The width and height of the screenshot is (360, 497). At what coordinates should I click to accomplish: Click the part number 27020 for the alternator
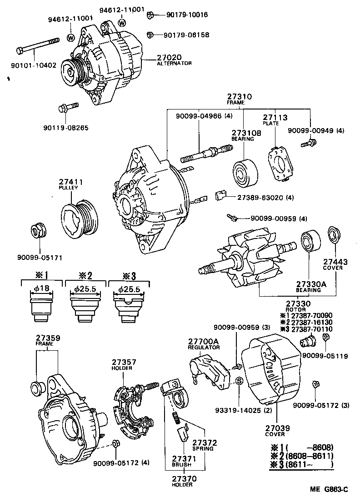(169, 57)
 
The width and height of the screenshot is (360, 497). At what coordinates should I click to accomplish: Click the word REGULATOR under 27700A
(204, 347)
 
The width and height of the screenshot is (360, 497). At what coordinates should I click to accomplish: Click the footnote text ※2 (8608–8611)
(302, 456)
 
